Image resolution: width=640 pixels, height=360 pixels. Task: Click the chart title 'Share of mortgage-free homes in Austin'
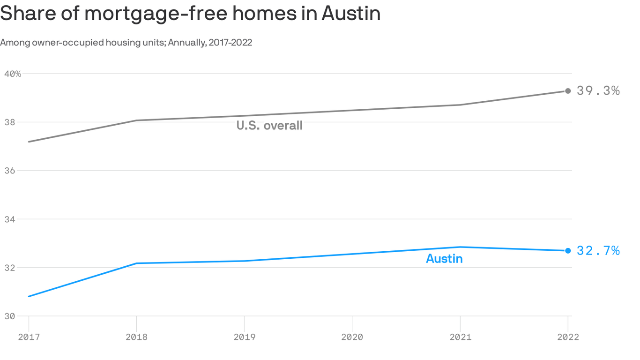[x=190, y=14]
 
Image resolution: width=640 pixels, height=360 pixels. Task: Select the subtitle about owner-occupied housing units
[x=126, y=43]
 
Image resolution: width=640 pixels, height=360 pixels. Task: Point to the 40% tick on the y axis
[x=13, y=74]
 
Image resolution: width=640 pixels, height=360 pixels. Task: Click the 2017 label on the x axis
[x=29, y=337]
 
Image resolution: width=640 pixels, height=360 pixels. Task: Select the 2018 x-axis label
[x=136, y=337]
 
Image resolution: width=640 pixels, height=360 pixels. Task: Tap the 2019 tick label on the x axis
[x=244, y=337]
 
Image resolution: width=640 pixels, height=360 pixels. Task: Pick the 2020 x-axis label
[x=352, y=337]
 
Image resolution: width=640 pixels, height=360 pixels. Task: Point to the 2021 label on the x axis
[x=460, y=337]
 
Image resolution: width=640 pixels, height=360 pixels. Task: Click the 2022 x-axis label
[x=568, y=337]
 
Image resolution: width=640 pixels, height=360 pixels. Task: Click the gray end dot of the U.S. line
[x=568, y=91]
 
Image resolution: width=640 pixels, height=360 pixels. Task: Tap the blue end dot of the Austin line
[x=568, y=251]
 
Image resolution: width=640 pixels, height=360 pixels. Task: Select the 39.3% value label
[x=598, y=91]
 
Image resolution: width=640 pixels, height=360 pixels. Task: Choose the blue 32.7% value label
[x=598, y=251]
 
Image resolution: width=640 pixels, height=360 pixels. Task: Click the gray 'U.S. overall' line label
[x=269, y=126]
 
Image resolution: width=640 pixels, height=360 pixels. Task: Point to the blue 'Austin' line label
[x=444, y=259]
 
